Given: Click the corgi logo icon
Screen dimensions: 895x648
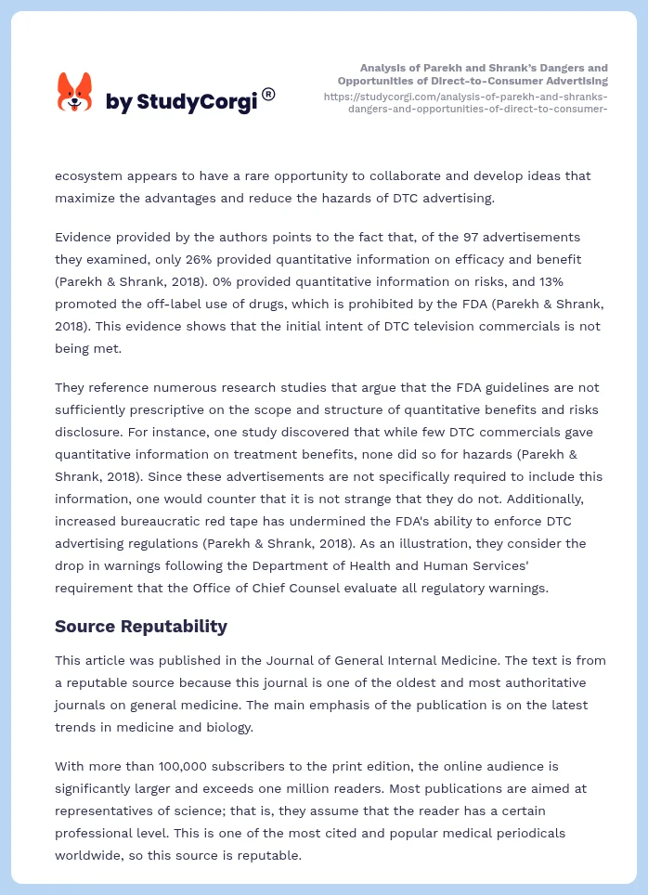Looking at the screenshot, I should (x=74, y=93).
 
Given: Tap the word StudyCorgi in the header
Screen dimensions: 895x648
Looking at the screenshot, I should (x=196, y=101).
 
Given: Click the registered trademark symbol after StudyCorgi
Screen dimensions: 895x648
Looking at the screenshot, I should (x=268, y=94).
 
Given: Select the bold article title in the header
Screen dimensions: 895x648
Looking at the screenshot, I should (x=484, y=74).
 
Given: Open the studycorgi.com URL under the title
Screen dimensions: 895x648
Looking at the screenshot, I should (x=466, y=102).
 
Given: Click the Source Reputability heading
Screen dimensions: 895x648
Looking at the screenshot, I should (x=141, y=626).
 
